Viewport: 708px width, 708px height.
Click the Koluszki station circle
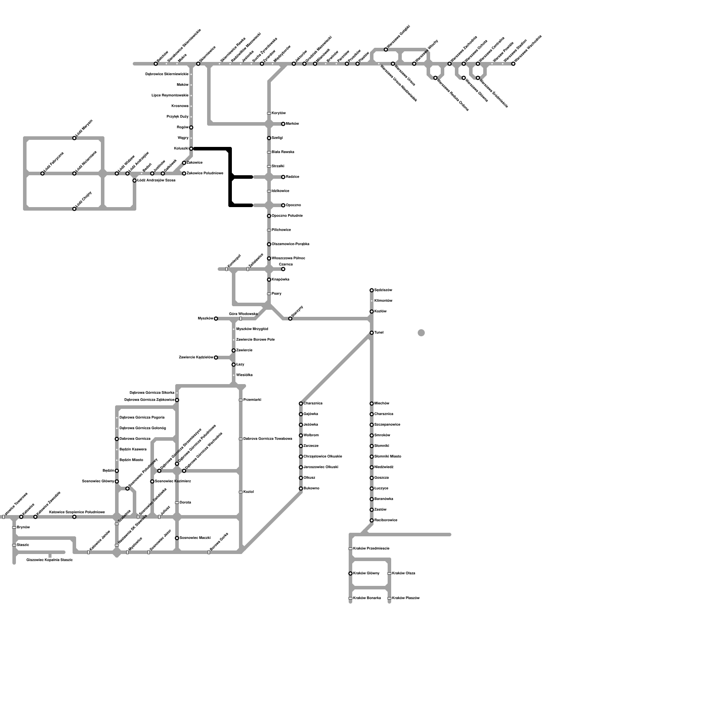(191, 149)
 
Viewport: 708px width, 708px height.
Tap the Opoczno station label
(293, 205)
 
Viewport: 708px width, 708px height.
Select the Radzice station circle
(283, 177)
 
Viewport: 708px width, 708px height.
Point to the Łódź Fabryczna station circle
(42, 173)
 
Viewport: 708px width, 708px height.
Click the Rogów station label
(183, 127)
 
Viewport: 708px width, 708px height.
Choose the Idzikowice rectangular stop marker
(269, 191)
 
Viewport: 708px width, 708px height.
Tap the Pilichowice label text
(281, 230)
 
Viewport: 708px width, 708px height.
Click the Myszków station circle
(216, 319)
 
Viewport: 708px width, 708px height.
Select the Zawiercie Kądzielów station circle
(216, 358)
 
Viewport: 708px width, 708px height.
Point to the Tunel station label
(379, 333)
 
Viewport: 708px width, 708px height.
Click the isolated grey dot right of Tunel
(421, 333)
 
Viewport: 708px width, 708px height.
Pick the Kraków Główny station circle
(350, 573)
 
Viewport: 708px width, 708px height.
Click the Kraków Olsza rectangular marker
(389, 573)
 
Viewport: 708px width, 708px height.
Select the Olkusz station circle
(301, 478)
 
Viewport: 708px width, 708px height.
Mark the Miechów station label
(381, 404)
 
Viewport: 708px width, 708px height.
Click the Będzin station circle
(117, 471)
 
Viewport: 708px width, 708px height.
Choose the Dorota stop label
(185, 503)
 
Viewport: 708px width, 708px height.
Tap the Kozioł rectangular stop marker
(241, 492)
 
